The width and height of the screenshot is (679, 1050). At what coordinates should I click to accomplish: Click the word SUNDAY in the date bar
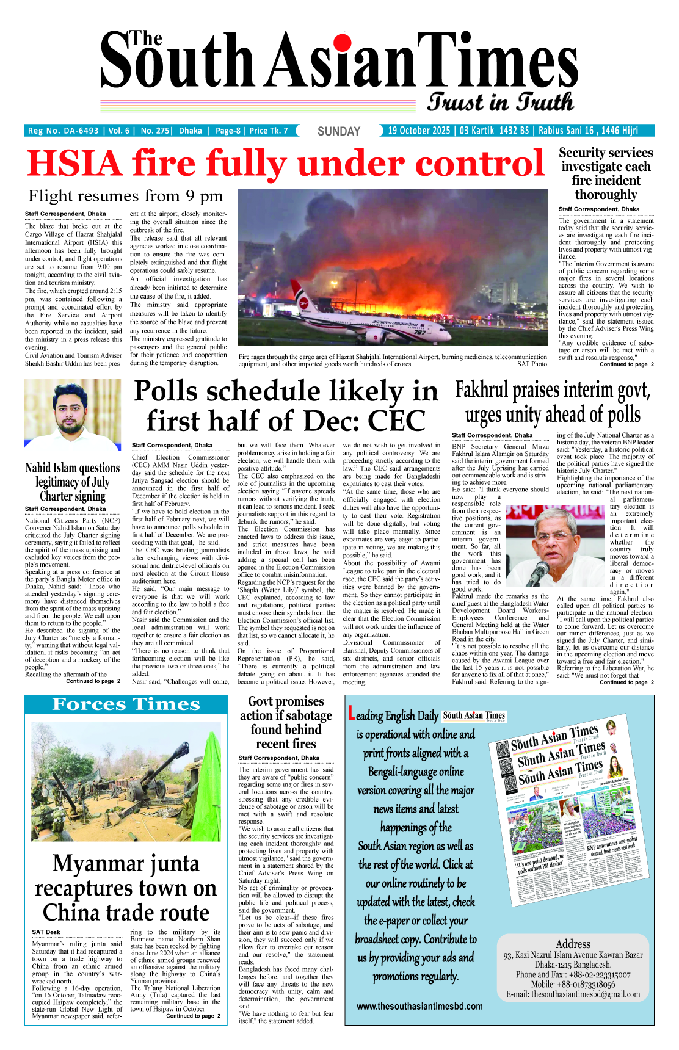point(339,131)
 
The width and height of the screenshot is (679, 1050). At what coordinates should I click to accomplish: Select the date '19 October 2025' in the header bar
point(419,131)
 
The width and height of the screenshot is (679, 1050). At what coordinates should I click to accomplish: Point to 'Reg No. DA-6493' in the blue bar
point(64,131)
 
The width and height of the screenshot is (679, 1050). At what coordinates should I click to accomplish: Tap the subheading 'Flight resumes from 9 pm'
point(125,197)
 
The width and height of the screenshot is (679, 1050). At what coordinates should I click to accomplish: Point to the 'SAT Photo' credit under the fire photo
point(532,364)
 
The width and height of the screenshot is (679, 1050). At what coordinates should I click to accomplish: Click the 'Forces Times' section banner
point(126,704)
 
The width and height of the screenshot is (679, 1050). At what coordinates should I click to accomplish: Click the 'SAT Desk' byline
point(46,932)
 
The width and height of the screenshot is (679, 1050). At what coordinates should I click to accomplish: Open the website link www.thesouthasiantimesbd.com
point(419,1006)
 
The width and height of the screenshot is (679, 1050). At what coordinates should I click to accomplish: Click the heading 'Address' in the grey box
point(573,944)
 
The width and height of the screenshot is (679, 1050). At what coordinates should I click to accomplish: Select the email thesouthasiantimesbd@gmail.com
point(573,994)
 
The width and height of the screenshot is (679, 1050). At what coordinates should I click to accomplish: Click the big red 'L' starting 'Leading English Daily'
point(352,714)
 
